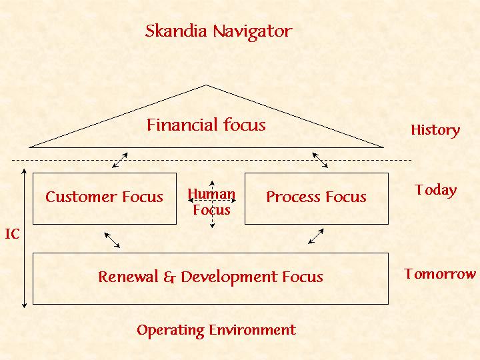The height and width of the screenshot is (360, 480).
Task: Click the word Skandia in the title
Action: tap(176, 31)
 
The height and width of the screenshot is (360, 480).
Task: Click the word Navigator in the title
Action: tap(252, 32)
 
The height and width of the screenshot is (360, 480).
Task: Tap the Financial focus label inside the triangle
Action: tap(206, 125)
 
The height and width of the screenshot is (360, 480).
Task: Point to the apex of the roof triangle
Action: tap(206, 85)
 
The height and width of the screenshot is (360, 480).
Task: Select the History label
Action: tap(435, 130)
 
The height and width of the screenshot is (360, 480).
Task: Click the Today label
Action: tap(436, 190)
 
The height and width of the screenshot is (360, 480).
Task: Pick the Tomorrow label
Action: tap(440, 274)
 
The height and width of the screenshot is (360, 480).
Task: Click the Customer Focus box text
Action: tap(104, 197)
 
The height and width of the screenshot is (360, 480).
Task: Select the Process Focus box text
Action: tap(316, 197)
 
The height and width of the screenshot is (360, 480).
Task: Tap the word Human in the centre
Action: tap(211, 194)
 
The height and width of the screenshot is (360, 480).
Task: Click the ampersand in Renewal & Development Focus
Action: tap(169, 277)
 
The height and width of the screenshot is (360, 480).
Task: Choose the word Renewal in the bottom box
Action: tap(128, 277)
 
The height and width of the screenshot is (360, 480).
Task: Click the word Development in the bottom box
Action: tap(229, 277)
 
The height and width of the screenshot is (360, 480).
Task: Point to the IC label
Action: tap(12, 234)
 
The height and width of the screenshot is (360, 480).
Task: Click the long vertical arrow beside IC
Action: tap(24, 238)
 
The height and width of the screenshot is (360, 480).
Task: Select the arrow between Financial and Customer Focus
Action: tap(120, 161)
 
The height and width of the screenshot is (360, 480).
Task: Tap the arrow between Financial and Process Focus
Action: tap(320, 161)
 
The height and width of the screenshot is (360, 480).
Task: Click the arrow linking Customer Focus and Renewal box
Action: tap(112, 240)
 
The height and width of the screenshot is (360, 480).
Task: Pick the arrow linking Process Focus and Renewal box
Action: tap(316, 237)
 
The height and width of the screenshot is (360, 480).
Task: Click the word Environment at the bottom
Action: tap(253, 330)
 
